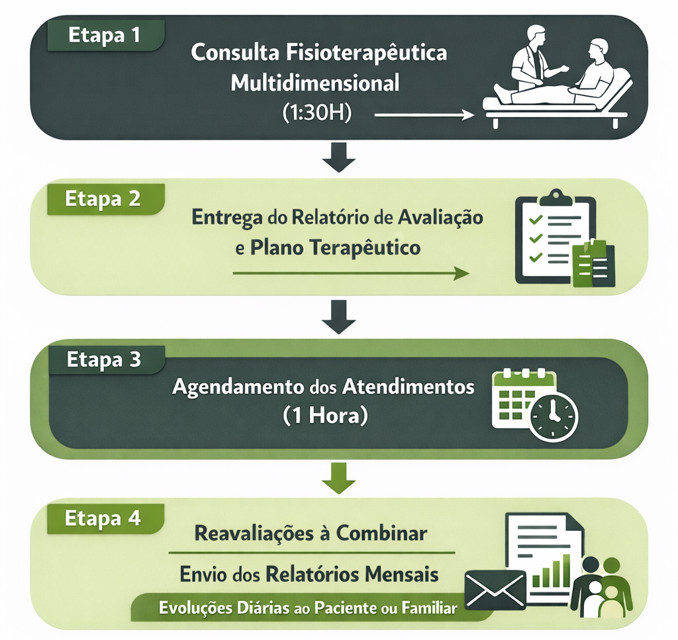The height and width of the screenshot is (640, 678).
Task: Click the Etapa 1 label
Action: [x=104, y=36]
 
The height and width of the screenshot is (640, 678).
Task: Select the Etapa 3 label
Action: [x=104, y=360]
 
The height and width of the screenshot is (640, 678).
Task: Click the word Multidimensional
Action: [x=315, y=83]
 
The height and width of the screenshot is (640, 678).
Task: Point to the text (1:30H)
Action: [x=316, y=113]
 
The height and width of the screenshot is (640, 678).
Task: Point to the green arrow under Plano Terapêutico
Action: [x=351, y=273]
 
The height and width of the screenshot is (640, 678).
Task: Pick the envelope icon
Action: [x=495, y=589]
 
